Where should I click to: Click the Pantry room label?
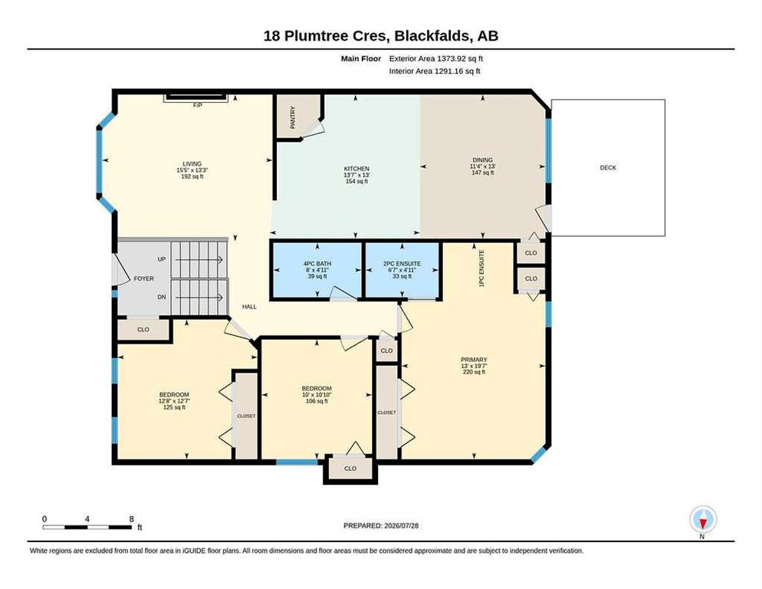tap(293, 117)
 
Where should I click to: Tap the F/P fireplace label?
tap(197, 105)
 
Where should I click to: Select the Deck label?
tap(608, 168)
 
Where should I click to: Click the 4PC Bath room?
tap(317, 270)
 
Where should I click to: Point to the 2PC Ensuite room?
tap(402, 270)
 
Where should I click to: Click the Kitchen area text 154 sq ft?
tap(356, 182)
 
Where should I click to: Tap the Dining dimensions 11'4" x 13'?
tap(482, 166)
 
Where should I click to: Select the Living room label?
tap(192, 164)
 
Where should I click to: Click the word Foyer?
tap(144, 278)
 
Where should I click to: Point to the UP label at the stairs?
tap(162, 259)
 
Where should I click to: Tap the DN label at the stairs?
tap(162, 297)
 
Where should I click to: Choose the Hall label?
tap(249, 307)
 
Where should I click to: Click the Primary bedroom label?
tap(474, 360)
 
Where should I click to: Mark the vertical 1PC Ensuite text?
tap(481, 268)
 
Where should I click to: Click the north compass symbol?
tap(703, 520)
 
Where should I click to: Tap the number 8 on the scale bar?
tap(131, 519)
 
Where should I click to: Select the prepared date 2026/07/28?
tap(402, 526)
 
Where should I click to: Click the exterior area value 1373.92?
tap(452, 59)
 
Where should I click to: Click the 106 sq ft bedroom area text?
tap(317, 401)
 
